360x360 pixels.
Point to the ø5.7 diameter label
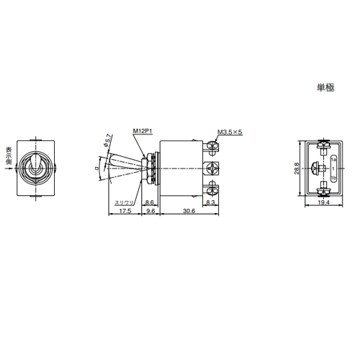point(109,141)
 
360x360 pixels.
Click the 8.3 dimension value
point(210,204)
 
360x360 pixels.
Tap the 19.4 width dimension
point(323,204)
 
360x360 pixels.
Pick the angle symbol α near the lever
point(96,168)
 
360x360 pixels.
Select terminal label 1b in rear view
point(334,178)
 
